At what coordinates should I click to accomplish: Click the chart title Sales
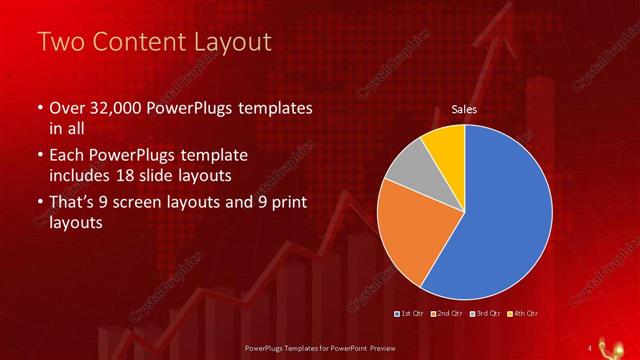pos(464,109)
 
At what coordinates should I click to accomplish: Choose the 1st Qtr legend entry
pos(411,314)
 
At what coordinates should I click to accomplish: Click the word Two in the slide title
pos(60,41)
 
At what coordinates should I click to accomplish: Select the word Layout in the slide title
pos(231,41)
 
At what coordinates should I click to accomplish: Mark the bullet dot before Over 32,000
pos(39,108)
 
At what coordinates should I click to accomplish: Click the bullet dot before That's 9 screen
pos(39,202)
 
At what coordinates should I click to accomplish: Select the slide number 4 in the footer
pos(590,346)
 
